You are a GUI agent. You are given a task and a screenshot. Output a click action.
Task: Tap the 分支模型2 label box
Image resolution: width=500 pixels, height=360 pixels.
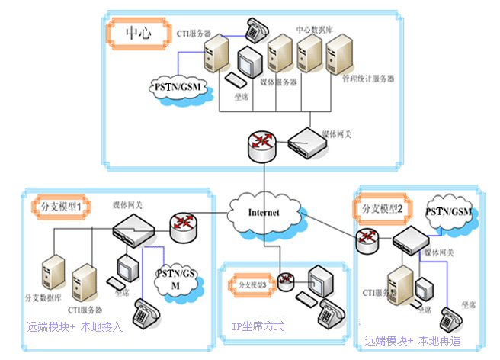pyautogui.click(x=386, y=207)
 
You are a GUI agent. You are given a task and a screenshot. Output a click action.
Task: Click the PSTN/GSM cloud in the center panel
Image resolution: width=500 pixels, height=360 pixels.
pyautogui.click(x=175, y=85)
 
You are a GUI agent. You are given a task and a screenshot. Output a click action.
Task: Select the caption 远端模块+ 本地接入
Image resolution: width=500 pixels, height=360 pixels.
pyautogui.click(x=74, y=327)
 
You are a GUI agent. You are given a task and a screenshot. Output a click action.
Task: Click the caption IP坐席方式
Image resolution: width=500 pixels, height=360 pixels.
pyautogui.click(x=258, y=326)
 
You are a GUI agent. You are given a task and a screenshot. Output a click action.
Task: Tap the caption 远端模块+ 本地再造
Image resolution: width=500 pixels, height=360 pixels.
pyautogui.click(x=412, y=340)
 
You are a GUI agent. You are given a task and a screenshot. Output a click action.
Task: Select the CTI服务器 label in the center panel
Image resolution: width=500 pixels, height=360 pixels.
pyautogui.click(x=197, y=35)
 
